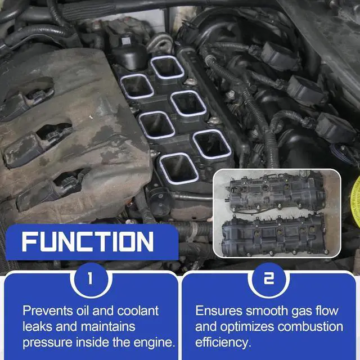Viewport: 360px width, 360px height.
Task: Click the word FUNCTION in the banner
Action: pos(88,241)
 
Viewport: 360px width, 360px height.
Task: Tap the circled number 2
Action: pos(269,278)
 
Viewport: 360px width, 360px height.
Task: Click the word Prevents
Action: pos(48,311)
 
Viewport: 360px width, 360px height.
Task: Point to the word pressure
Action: pos(48,343)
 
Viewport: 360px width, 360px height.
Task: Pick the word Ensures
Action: pos(219,311)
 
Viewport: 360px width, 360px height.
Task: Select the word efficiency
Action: pos(222,343)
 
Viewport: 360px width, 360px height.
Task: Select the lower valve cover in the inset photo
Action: pos(274,235)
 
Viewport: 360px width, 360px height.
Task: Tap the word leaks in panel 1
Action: pos(38,327)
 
